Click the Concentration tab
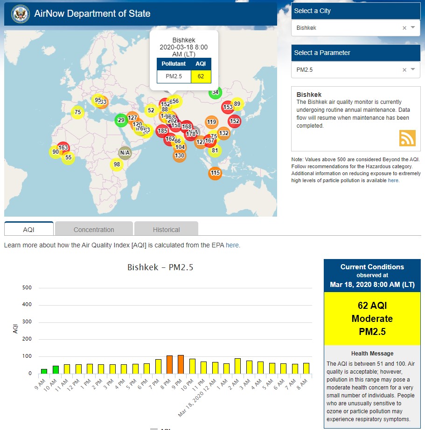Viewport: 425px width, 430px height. pyautogui.click(x=94, y=229)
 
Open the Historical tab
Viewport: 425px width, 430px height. pyautogui.click(x=166, y=229)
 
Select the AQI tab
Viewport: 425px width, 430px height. pyautogui.click(x=28, y=229)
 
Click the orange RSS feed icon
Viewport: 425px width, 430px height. pyautogui.click(x=407, y=138)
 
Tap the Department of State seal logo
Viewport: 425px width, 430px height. pyautogui.click(x=20, y=14)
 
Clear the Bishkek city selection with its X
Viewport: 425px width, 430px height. pyautogui.click(x=404, y=28)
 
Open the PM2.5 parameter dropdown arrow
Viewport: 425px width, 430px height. pyautogui.click(x=413, y=69)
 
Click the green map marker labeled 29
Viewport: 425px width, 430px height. pyautogui.click(x=121, y=120)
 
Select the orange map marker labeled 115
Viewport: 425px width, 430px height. pyautogui.click(x=215, y=173)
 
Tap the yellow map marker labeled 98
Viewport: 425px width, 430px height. pyautogui.click(x=117, y=164)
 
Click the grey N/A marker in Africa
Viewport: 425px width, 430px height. pyautogui.click(x=125, y=152)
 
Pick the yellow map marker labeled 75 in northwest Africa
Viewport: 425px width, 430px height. pyautogui.click(x=77, y=112)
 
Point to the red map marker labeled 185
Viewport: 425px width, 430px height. pyautogui.click(x=162, y=131)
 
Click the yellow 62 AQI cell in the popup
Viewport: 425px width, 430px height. pyautogui.click(x=201, y=76)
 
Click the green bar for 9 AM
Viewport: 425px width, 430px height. pyautogui.click(x=44, y=371)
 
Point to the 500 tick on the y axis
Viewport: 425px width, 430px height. pyautogui.click(x=27, y=288)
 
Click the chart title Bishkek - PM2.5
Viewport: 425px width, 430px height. pyautogui.click(x=160, y=267)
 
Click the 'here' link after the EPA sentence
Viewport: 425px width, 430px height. pyautogui.click(x=232, y=245)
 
